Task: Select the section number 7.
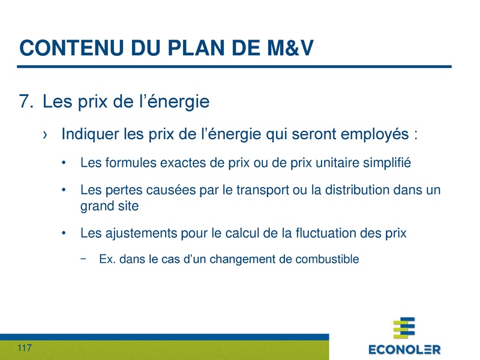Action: click(x=26, y=102)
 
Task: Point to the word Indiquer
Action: click(x=88, y=134)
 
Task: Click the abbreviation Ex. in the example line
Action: click(x=107, y=260)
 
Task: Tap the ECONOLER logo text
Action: click(x=404, y=349)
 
